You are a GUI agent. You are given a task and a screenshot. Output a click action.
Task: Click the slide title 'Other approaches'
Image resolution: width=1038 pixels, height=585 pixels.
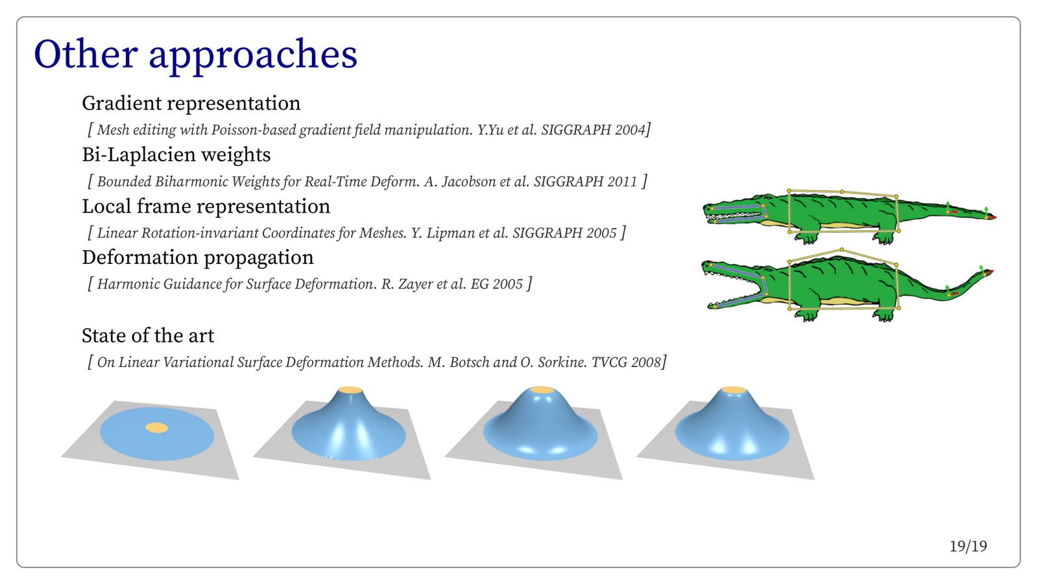point(195,54)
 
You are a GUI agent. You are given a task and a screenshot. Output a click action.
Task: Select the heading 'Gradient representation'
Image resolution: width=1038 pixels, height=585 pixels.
point(191,103)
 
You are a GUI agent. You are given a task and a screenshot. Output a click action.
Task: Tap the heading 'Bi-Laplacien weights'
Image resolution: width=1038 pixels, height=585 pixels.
point(176,155)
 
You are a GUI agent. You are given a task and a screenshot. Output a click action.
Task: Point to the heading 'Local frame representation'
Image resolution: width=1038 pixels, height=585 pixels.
point(206,207)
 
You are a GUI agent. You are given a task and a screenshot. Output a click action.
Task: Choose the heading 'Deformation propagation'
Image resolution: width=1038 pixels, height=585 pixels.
point(197,257)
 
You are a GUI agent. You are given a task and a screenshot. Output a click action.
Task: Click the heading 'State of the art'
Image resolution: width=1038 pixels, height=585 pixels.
point(148,336)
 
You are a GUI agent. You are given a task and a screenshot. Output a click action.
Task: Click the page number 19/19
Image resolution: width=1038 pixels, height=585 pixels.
point(968,547)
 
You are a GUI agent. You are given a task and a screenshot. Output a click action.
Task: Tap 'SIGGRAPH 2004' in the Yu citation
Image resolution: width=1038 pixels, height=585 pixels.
point(594,130)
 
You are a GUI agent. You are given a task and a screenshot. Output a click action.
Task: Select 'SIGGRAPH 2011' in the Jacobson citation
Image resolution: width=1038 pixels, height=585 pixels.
point(585,182)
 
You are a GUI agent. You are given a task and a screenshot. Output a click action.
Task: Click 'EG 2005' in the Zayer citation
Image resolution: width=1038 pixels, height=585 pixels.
point(496,284)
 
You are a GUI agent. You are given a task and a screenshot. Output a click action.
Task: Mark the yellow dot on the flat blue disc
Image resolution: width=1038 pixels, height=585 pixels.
point(156,427)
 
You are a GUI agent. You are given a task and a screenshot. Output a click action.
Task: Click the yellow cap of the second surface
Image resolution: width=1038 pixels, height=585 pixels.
point(350,390)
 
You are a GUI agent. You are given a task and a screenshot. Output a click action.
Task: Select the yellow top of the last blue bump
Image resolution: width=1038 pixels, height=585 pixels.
point(734,390)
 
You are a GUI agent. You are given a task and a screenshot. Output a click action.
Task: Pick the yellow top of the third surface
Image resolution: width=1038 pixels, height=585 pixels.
point(542,390)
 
